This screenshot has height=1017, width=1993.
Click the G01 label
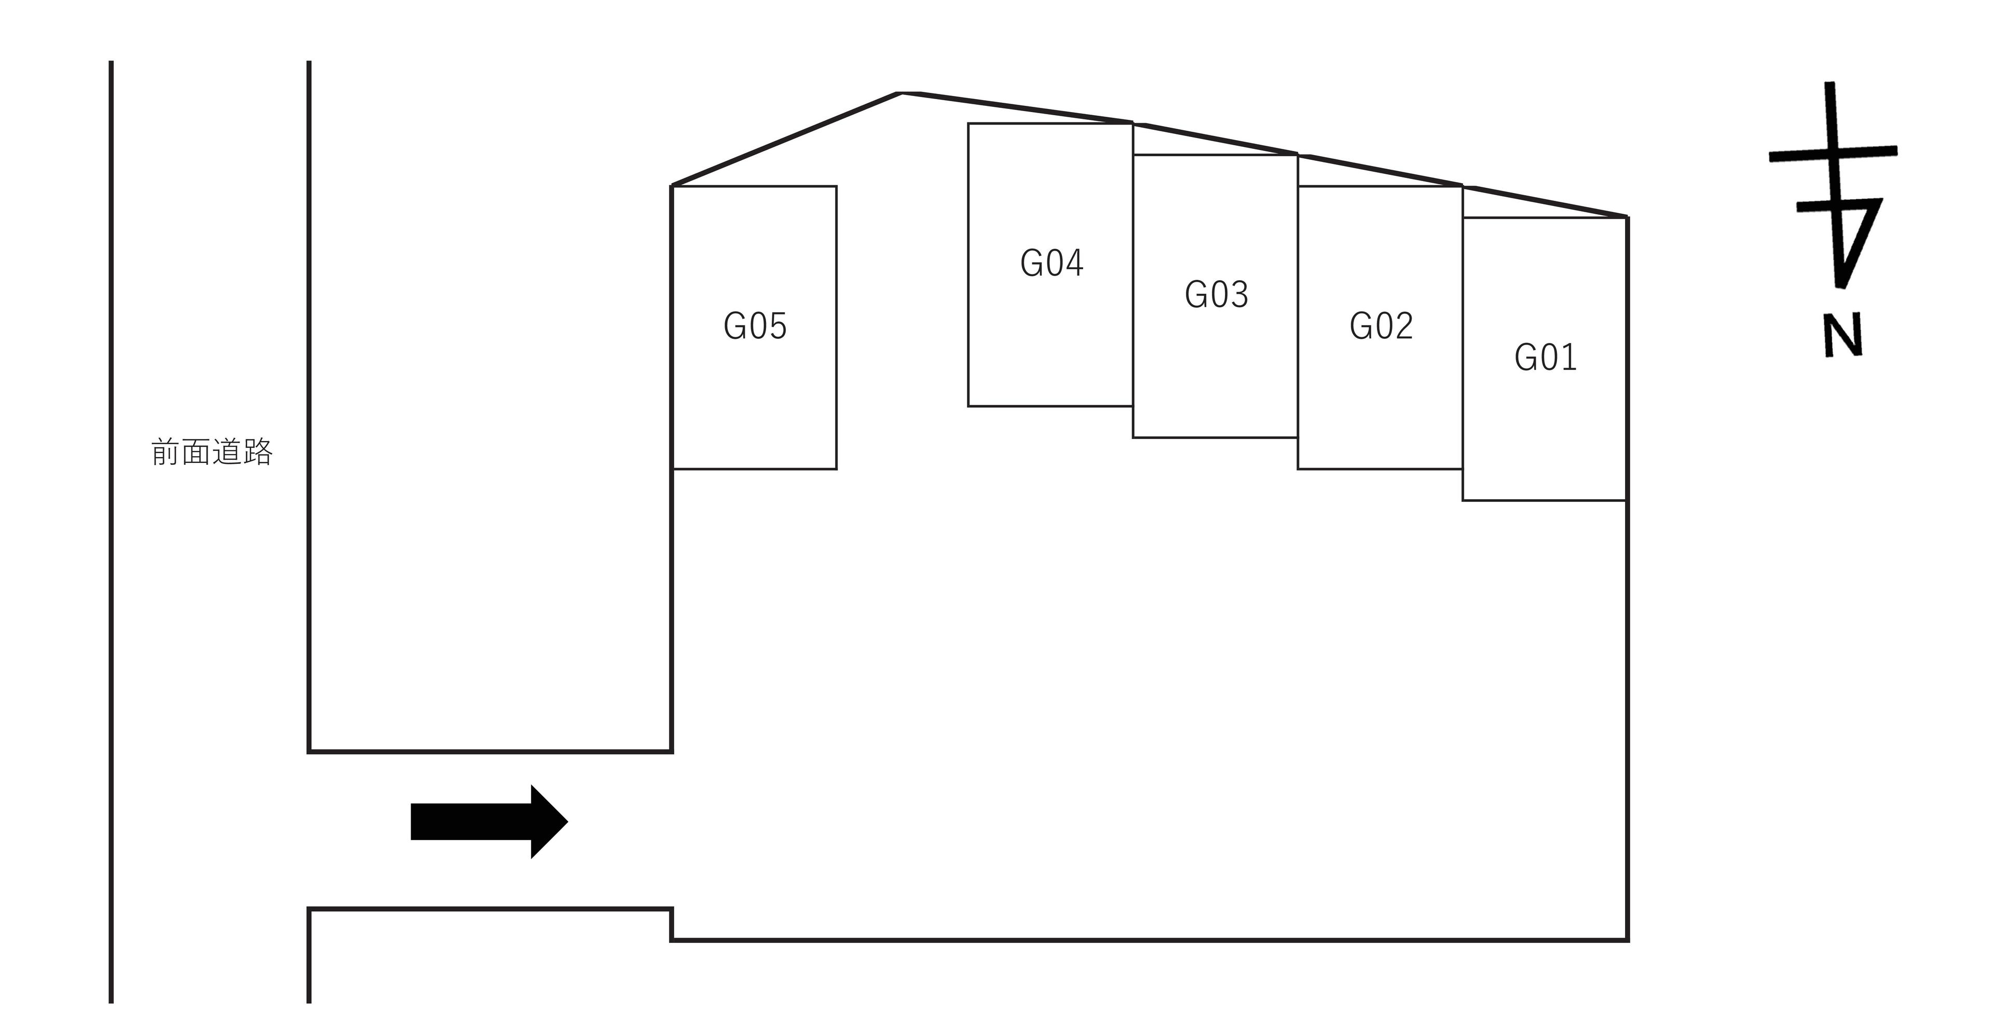coord(1545,358)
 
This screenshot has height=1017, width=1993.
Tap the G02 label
coord(1381,325)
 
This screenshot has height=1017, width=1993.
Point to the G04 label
coord(1052,263)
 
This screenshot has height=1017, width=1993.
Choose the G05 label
coord(755,325)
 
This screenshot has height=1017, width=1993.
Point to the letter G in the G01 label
coord(1525,358)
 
